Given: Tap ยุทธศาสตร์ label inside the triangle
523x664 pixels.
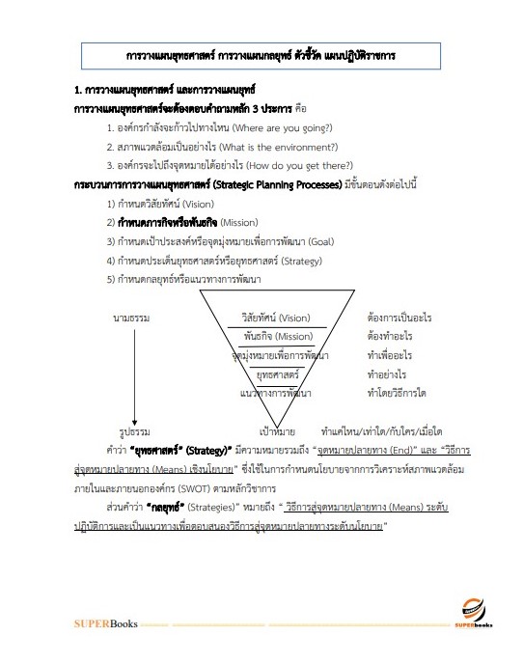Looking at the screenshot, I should pos(276,373).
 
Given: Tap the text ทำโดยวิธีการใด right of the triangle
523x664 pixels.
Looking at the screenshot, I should pos(398,393).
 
